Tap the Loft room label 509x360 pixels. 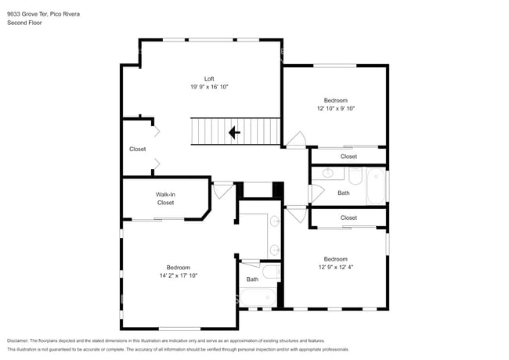tap(209, 78)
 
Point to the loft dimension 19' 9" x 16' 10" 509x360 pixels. tap(209, 87)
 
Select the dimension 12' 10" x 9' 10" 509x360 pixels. tap(335, 109)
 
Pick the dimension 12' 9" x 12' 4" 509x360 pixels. tap(335, 268)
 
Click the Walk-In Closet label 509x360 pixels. tap(165, 198)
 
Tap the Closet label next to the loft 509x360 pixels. tap(137, 149)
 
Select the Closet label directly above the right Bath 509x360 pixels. tap(348, 157)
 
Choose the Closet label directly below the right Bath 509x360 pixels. tap(348, 218)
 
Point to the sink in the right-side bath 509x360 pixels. tap(328, 174)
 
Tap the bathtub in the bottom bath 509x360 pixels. tap(258, 297)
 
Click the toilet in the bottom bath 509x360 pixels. tap(270, 272)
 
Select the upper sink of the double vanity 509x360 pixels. tap(274, 222)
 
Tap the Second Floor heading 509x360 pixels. tap(25, 23)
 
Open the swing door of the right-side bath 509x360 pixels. tap(317, 193)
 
